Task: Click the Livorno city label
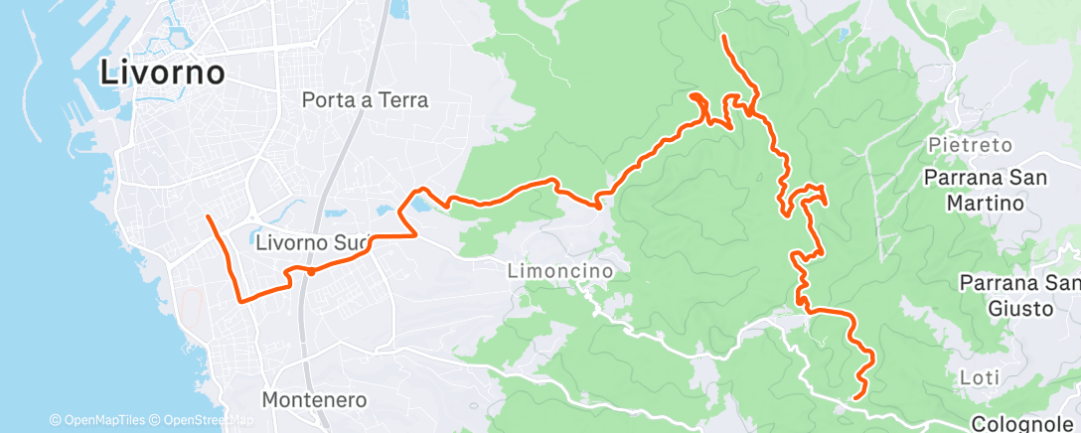coord(162,72)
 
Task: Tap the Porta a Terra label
coord(365,100)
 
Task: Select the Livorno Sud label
coord(313,241)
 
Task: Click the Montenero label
coord(314,400)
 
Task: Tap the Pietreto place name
coord(971,146)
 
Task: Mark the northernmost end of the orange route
coord(724,37)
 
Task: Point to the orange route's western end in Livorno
coord(207,216)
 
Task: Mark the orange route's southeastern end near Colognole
coord(855,397)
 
